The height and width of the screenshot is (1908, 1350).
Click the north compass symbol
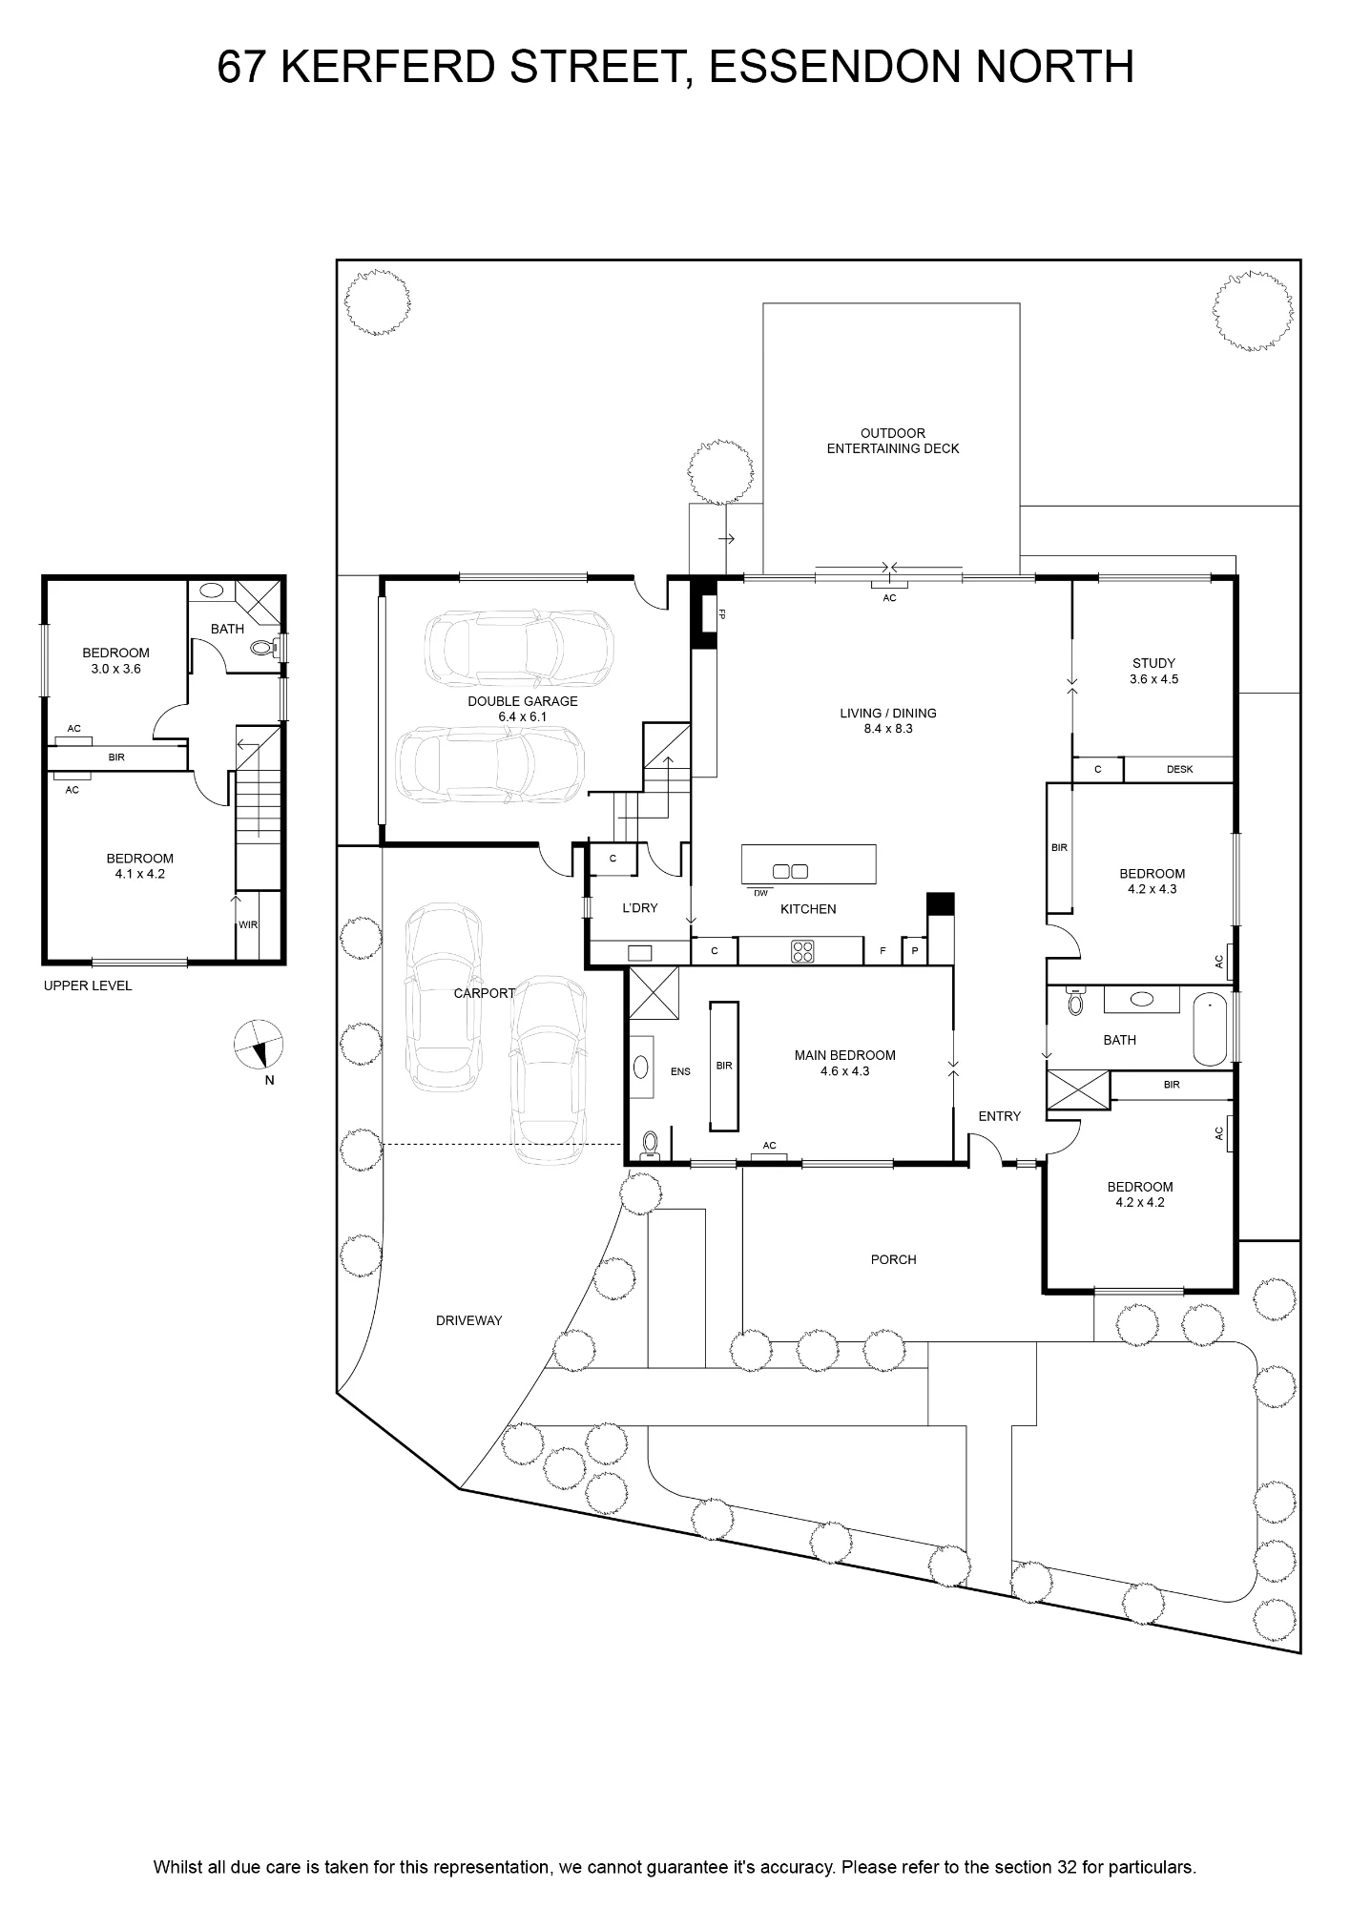click(260, 1044)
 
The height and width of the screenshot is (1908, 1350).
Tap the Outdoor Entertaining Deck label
click(893, 441)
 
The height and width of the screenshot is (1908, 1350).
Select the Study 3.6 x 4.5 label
click(1153, 672)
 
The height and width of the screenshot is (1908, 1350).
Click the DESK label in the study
click(1180, 770)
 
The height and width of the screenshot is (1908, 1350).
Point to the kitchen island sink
click(790, 871)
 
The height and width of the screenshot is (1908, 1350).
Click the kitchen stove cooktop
click(802, 951)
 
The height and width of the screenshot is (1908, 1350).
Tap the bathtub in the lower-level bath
click(1210, 1028)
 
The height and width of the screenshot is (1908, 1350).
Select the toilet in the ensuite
click(652, 1143)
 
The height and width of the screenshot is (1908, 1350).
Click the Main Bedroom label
click(845, 1064)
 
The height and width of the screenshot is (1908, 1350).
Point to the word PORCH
click(894, 1260)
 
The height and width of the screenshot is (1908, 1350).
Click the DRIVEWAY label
click(468, 1321)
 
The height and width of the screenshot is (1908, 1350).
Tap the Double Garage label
click(523, 709)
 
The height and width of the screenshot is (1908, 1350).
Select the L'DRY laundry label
click(640, 908)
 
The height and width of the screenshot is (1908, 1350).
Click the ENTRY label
click(1000, 1116)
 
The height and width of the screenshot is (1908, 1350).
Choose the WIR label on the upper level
click(248, 925)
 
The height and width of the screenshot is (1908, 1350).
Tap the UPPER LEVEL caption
click(88, 986)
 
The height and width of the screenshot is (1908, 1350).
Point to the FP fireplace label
click(722, 613)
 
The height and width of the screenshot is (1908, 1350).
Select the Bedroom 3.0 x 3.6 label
click(116, 661)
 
